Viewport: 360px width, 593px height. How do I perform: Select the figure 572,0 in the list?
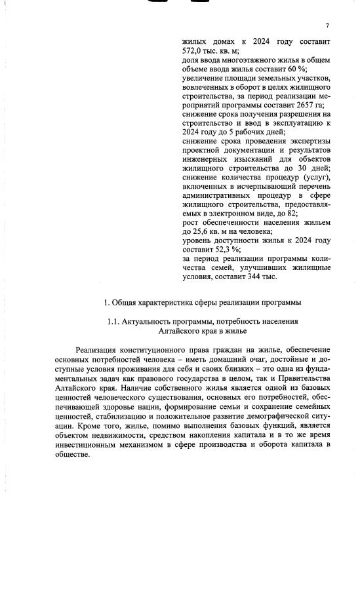(x=193, y=50)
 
